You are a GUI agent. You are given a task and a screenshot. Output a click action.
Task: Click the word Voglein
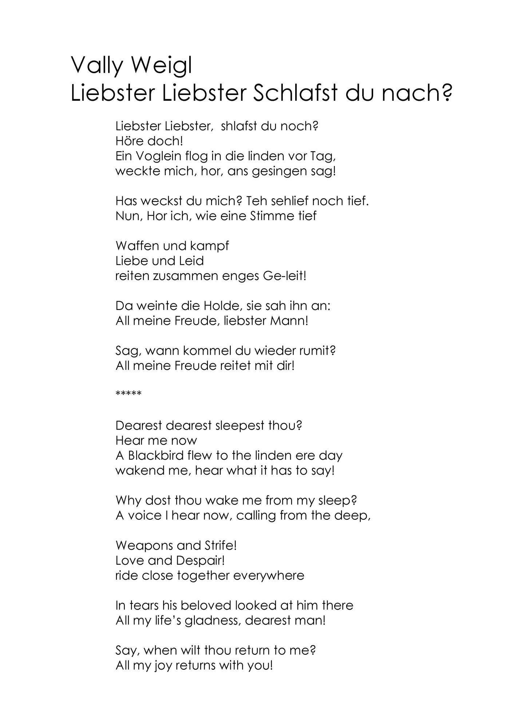[x=158, y=156]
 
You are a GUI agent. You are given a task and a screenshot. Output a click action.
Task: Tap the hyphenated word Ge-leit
[x=284, y=276]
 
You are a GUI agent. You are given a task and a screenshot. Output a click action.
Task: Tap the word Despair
[x=200, y=561]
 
